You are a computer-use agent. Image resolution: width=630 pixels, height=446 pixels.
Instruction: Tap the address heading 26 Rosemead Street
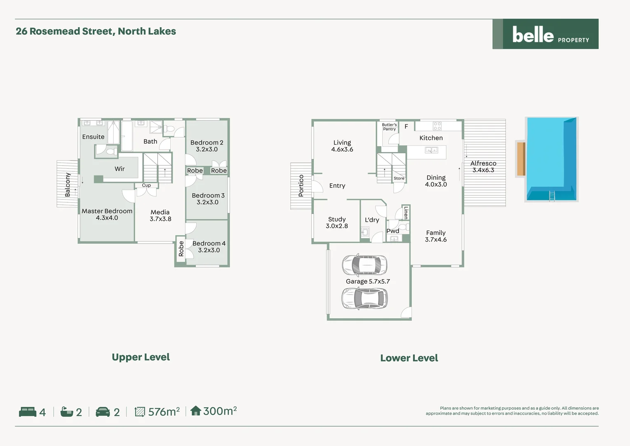[x=96, y=31]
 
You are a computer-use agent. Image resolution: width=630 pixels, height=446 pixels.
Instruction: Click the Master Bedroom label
[x=107, y=214]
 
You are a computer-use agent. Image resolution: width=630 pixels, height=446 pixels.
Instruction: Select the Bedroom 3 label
[x=208, y=199]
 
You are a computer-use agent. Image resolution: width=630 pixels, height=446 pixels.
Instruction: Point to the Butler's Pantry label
[x=389, y=127]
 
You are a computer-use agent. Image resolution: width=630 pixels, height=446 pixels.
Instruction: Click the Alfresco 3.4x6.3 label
[x=483, y=166]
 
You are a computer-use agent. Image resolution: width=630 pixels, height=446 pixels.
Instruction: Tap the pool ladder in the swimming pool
[x=552, y=196]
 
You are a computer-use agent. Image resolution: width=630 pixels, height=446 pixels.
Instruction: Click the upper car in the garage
[x=364, y=265]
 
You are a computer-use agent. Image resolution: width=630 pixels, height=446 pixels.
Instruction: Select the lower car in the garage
[x=364, y=298]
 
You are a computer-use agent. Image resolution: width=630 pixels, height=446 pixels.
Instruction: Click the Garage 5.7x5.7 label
[x=368, y=281]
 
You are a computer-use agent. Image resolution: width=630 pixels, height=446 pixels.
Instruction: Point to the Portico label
[x=301, y=185]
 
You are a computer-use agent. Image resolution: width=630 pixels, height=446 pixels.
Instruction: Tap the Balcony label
[x=68, y=184]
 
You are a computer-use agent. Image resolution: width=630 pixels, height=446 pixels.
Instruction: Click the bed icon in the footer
[x=28, y=412]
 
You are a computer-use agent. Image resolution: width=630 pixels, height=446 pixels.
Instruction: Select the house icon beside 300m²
[x=195, y=410]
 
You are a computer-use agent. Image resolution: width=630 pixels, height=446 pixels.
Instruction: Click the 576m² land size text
[x=164, y=412]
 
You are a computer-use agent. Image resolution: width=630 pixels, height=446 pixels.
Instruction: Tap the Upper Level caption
[x=141, y=357]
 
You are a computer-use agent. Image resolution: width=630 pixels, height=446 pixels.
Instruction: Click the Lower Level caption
[x=409, y=358]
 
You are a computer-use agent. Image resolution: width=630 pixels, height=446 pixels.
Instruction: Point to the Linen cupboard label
[x=406, y=212]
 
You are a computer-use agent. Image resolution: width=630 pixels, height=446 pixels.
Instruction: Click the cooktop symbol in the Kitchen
[x=437, y=126]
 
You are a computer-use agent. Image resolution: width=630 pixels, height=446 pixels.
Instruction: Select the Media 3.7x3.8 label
[x=160, y=216]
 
